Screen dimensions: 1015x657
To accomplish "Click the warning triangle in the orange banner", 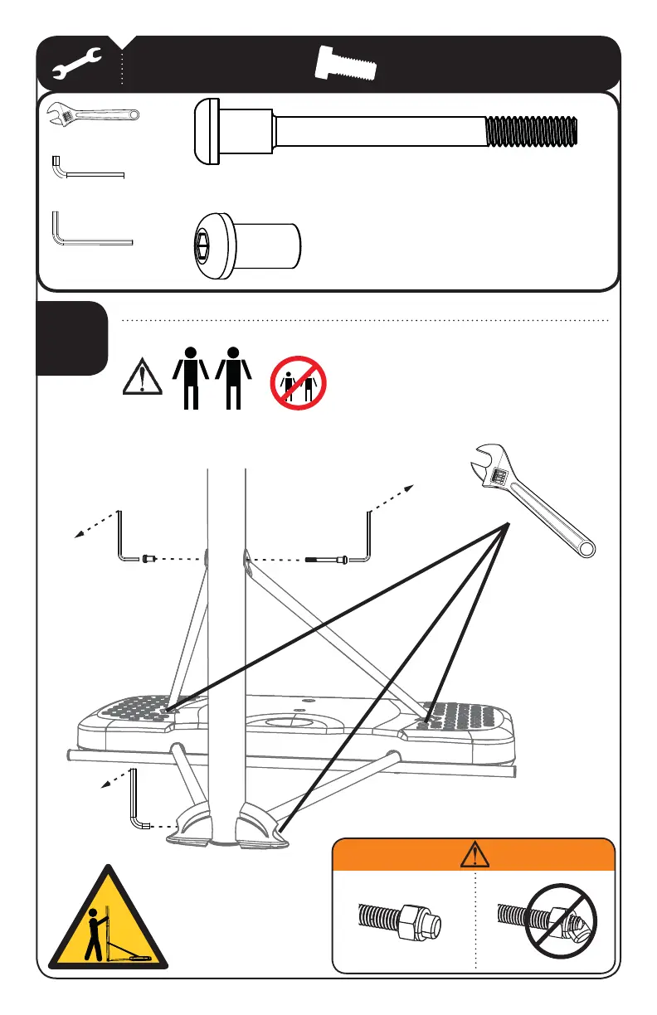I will pos(473,854).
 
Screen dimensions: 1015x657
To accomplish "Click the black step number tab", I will pos(72,338).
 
